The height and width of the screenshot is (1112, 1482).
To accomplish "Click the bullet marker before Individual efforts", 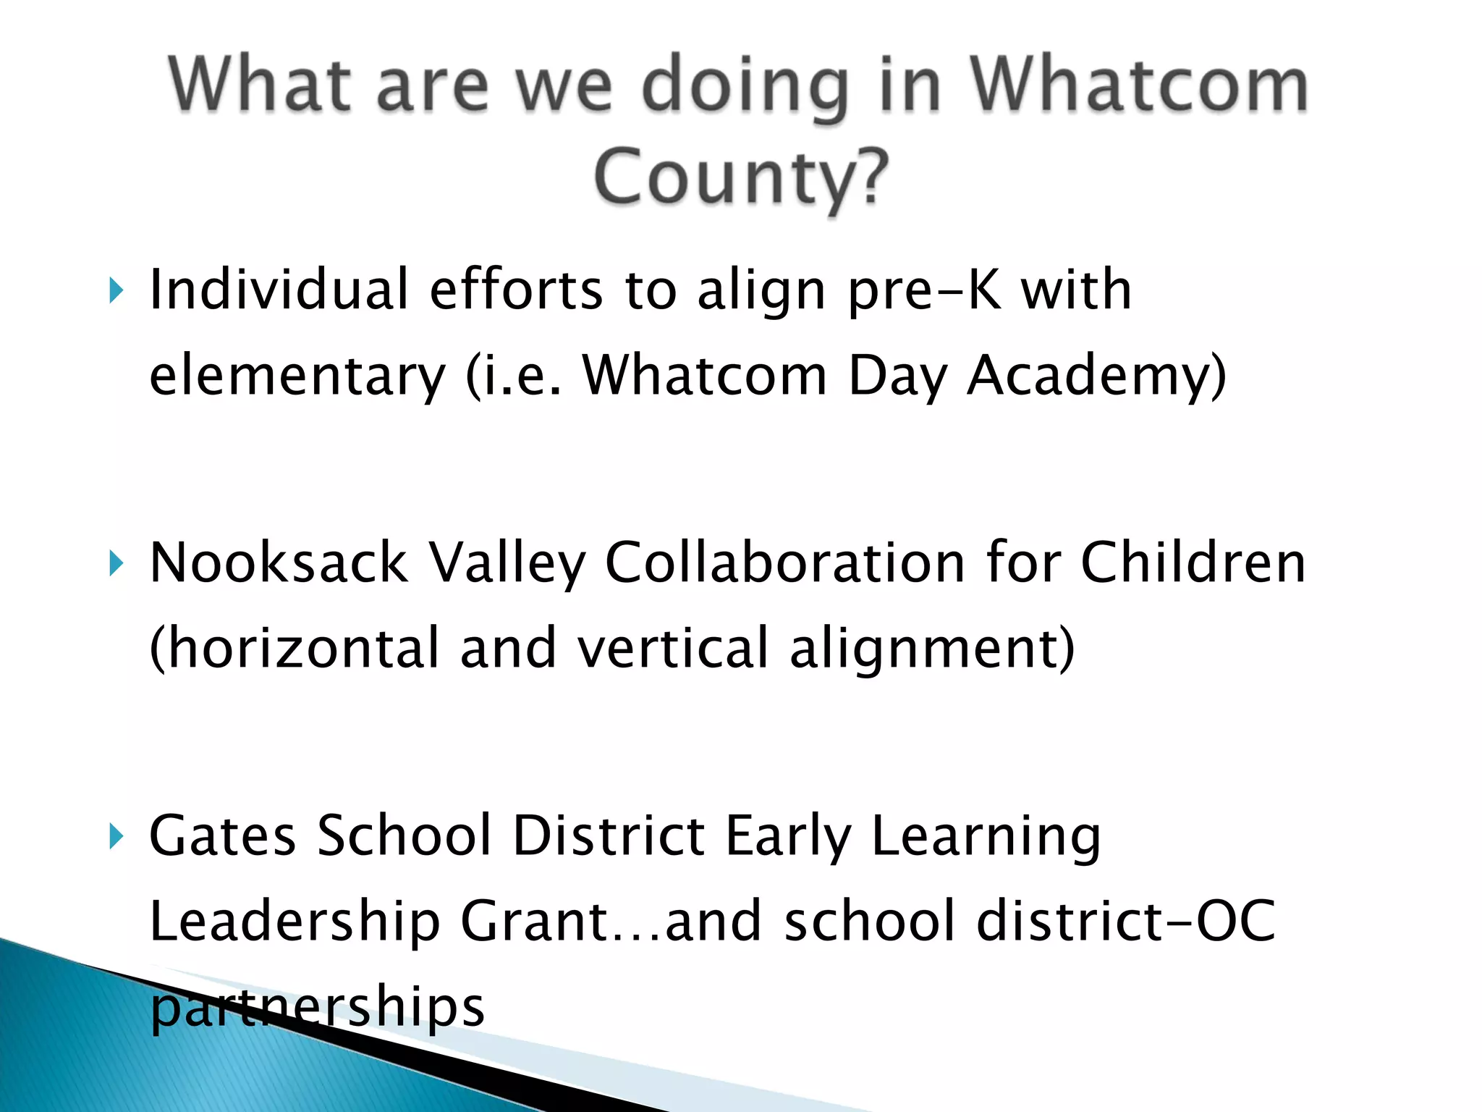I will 116,290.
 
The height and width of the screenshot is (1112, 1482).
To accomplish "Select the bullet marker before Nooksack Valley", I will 116,563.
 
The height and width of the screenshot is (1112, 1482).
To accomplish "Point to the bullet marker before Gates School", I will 116,836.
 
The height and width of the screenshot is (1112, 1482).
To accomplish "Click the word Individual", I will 279,290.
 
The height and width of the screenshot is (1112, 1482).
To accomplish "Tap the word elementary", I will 297,376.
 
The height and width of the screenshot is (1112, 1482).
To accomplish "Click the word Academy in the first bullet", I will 1096,376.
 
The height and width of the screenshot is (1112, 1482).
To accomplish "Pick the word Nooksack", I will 279,563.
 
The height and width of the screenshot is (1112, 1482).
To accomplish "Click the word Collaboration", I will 785,563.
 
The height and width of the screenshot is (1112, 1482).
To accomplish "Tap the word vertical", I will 673,648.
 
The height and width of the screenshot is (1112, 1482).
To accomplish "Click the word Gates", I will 222,836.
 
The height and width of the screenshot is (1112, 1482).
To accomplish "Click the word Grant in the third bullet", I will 535,921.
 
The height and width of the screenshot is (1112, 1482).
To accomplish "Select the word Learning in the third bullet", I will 986,836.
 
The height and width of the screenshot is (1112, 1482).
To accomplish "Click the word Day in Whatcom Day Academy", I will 897,376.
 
